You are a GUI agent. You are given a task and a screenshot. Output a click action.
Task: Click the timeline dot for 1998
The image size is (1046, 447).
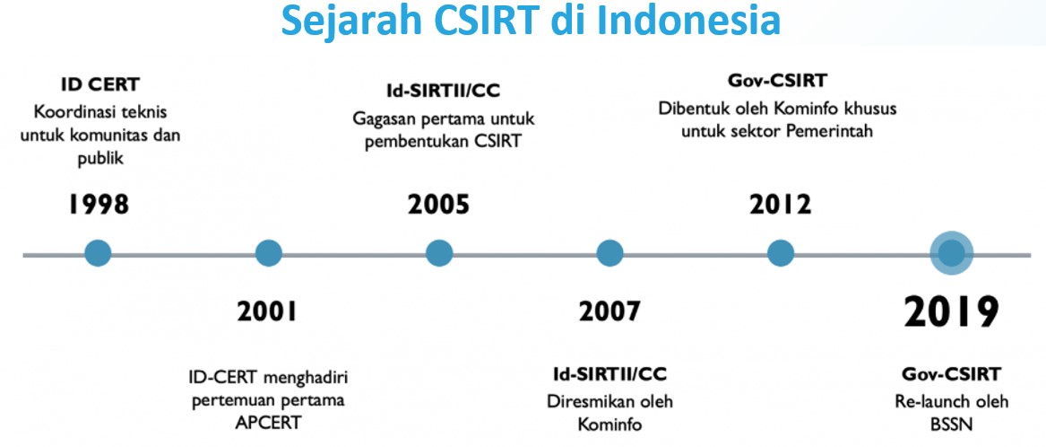point(98,254)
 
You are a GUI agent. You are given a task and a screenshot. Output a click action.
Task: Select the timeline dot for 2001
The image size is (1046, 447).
point(269,254)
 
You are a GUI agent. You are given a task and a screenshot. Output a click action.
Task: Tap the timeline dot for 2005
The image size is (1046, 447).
point(439,254)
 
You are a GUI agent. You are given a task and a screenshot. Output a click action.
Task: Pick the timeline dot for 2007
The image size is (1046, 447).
point(609,254)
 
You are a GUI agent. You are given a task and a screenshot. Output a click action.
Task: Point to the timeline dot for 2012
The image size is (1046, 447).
point(781,254)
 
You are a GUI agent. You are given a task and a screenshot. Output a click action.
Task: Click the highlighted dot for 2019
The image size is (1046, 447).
point(951,254)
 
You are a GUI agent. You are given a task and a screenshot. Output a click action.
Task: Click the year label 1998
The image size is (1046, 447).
point(98,205)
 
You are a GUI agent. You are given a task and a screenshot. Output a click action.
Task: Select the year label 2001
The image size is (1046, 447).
point(267,311)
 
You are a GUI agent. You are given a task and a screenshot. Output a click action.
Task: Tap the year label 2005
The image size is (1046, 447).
point(439,205)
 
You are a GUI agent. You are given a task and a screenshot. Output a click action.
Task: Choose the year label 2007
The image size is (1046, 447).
point(609,311)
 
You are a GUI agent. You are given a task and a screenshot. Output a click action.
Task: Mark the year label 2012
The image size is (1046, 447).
point(781,205)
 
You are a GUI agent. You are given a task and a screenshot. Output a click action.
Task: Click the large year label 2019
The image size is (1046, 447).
point(951,312)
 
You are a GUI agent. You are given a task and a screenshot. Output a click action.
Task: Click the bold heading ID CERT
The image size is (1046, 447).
point(100,85)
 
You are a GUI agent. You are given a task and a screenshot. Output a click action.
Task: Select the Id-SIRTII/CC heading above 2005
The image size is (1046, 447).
point(444,92)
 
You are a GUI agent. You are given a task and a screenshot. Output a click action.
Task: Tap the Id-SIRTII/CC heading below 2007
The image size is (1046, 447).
point(610,373)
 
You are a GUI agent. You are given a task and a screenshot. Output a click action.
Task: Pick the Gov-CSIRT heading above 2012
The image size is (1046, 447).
point(777,81)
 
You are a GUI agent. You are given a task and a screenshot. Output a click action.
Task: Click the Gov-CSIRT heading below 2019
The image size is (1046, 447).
point(952,373)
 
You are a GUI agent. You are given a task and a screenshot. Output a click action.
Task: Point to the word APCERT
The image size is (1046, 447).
point(267,422)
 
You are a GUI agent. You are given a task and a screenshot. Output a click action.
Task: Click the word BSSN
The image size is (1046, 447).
point(951,425)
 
